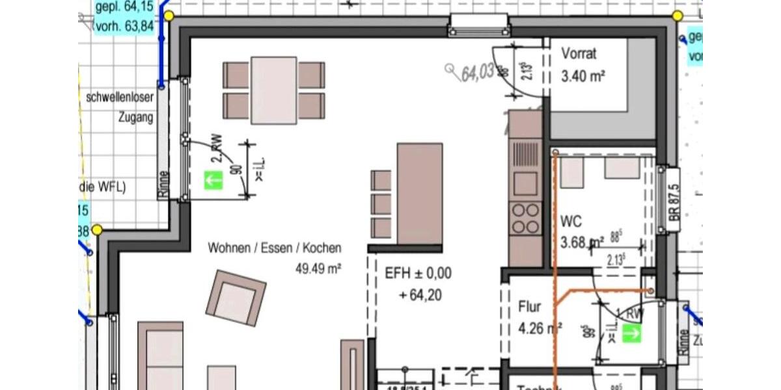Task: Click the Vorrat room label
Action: pos(579,55)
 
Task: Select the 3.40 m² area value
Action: pos(583,77)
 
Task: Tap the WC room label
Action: pos(571,222)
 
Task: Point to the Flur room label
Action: pos(529,306)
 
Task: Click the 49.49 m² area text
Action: pos(319,267)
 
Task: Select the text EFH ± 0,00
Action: pos(418,272)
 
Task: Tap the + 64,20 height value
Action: pos(420,295)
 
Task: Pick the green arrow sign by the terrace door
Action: pos(213,180)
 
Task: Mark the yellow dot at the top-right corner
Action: pos(678,16)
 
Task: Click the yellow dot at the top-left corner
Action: pos(169,16)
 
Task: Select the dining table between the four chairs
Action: pos(274,90)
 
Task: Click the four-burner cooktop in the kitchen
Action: pos(525,218)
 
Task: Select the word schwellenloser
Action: pos(120,98)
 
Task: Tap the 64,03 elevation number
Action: pos(477,73)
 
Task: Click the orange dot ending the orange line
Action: pos(650,291)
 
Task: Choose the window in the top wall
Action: pos(479,26)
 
